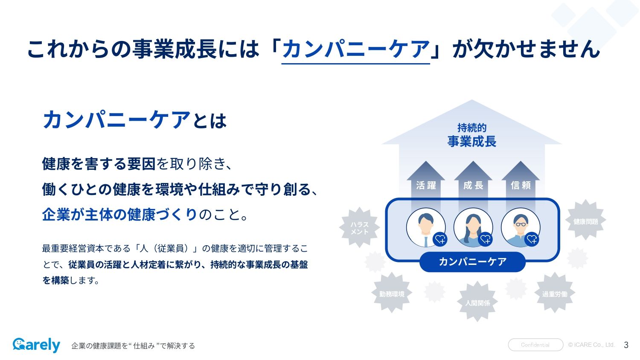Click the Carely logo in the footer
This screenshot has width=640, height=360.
pos(36,345)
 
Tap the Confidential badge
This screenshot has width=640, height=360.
pos(535,345)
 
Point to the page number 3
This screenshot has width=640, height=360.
pos(626,345)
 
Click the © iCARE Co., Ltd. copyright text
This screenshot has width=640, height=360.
pos(591,345)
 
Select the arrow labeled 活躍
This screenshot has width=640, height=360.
pos(426,185)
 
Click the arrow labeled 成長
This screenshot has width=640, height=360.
pos(473,185)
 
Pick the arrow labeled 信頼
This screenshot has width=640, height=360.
pos(521,185)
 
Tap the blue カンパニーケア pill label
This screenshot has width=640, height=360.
pos(473,262)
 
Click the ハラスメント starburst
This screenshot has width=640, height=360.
pos(359,227)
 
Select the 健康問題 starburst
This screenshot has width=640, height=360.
pos(586,220)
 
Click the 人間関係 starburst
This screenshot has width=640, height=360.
pos(477,302)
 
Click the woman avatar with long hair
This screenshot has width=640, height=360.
pos(473,227)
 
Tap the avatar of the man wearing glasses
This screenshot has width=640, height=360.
pos(521,227)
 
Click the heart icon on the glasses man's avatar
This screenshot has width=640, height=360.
pos(532,239)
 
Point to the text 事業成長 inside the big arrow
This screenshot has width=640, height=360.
pos(472,142)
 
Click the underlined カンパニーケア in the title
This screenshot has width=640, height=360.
pos(356,49)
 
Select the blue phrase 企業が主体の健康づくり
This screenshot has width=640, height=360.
pos(119,215)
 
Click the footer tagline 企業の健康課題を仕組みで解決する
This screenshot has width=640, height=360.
pos(133,346)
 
